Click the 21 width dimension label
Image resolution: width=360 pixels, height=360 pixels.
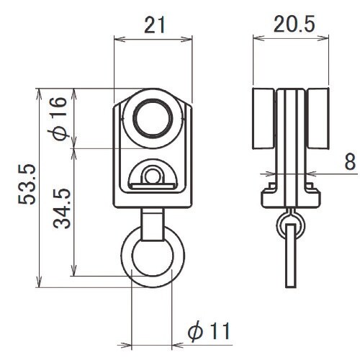[x=155, y=25]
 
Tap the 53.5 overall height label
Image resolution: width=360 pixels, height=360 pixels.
[x=27, y=184]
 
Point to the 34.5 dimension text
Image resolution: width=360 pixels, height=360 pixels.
[x=62, y=209]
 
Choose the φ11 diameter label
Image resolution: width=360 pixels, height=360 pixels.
[x=209, y=331]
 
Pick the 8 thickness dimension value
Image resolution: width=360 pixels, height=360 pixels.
[x=350, y=161]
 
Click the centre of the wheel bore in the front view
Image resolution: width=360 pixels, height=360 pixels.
[x=153, y=119]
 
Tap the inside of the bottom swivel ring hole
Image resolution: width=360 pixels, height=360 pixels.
[x=153, y=258]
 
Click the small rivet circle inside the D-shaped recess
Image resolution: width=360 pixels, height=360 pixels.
[x=152, y=176]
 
